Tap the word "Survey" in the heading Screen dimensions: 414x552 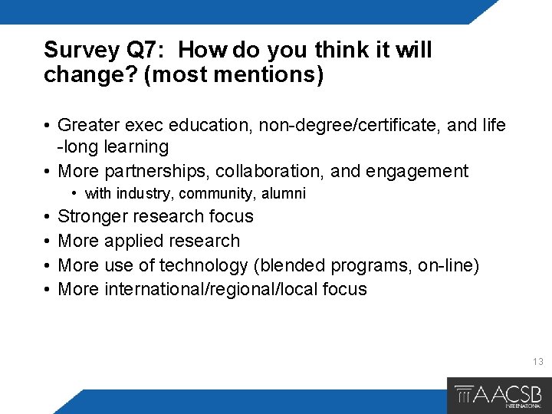click(80, 51)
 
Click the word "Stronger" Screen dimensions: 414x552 click(95, 216)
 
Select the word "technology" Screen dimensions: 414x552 click(202, 265)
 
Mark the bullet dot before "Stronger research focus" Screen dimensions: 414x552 click(48, 216)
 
